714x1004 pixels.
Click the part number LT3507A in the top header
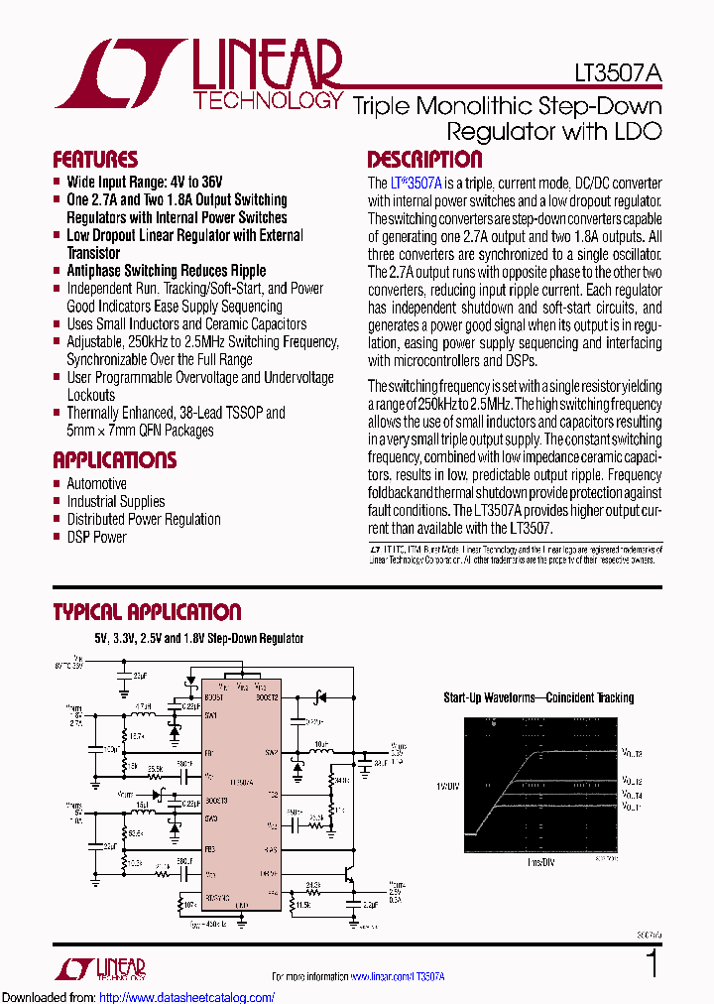pos(618,72)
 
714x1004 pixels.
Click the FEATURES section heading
pos(95,160)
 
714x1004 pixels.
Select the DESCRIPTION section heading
pos(424,160)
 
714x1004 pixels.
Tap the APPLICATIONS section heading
pos(114,460)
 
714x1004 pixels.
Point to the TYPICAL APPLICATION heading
pos(147,612)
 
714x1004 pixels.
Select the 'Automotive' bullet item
pos(96,484)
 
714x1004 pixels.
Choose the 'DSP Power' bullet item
pos(96,538)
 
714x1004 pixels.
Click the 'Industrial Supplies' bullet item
pos(115,502)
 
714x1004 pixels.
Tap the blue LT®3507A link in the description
pos(416,184)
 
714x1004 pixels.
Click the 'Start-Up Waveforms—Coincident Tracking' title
pos(537,698)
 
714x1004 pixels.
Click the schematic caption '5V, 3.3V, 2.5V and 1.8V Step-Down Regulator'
pos(198,639)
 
